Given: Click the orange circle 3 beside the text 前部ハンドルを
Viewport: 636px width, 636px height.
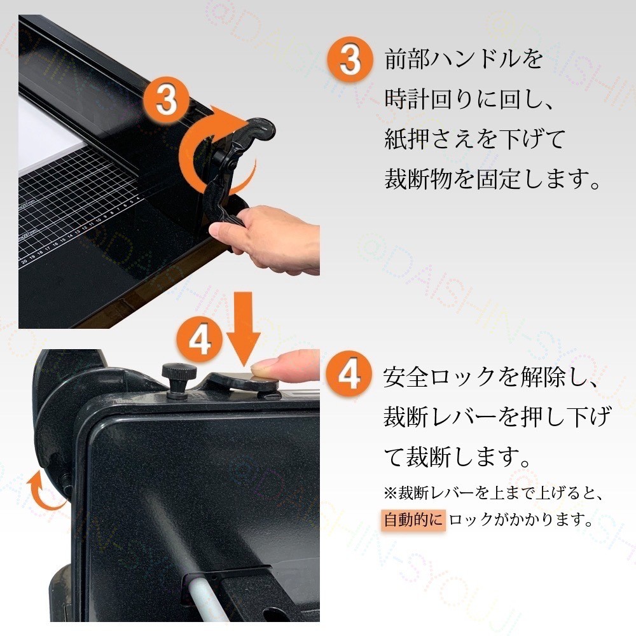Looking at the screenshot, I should pos(348,60).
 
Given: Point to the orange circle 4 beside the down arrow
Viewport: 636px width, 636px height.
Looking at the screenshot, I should pos(200,342).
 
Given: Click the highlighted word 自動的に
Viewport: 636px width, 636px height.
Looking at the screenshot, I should pos(413,520).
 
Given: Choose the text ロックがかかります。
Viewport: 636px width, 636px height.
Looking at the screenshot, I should pos(517,520).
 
